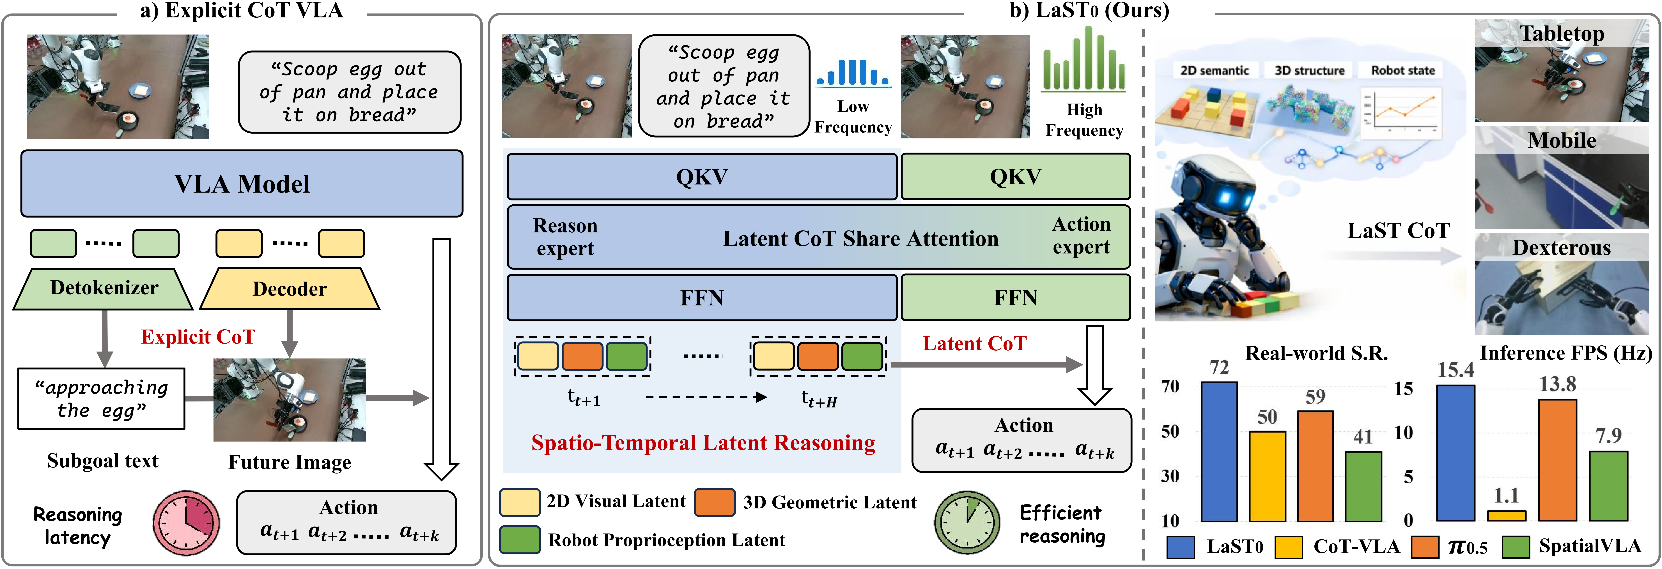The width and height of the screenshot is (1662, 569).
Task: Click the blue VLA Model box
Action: coord(242,184)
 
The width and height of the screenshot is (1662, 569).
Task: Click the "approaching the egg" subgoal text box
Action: coord(101,399)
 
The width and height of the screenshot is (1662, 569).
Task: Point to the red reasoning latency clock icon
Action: coord(186,523)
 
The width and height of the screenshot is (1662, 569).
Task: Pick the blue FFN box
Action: coord(702,297)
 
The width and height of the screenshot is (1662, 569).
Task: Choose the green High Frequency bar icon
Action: coord(1084,59)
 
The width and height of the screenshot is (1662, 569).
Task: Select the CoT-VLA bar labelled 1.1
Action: coord(1507,515)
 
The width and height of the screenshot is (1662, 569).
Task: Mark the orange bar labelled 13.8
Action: coord(1557,459)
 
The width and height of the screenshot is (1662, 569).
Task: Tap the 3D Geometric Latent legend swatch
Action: coord(714,502)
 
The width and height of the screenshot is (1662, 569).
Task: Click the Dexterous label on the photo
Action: coord(1561,248)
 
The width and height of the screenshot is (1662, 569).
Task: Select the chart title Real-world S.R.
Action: coord(1316,353)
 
